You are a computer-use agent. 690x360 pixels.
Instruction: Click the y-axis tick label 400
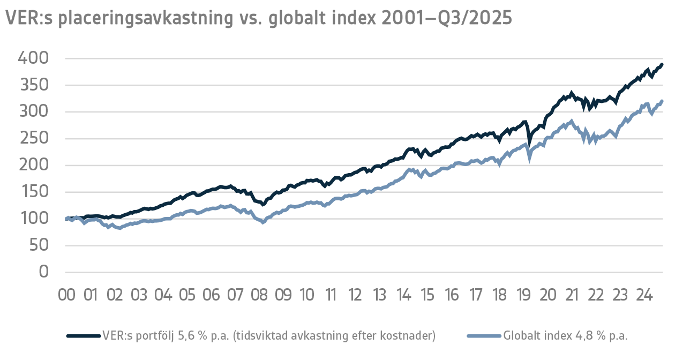33,58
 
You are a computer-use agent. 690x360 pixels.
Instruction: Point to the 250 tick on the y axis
33,138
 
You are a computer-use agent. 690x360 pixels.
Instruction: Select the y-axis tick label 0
43,272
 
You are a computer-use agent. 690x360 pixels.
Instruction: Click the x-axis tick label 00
66,295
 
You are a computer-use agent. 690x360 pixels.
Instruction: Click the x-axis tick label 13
379,295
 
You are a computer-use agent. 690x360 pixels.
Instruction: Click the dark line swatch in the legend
83,336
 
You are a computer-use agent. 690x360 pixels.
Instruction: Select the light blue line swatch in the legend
484,336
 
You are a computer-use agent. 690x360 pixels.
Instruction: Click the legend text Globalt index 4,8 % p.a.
565,336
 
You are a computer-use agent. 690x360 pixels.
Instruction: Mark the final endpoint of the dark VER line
662,65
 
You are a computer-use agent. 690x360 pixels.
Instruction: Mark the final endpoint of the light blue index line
662,101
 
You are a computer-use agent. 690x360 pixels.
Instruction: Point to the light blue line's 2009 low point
263,222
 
